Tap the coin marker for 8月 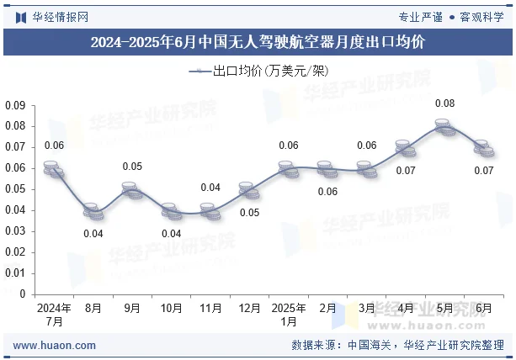pos(93,210)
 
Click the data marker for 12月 pos(249,190)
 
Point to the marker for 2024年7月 pos(54,169)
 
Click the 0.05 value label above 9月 pos(132,167)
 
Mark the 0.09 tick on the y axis pos(15,105)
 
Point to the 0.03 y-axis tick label pos(15,231)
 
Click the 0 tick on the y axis pos(23,294)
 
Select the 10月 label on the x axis pos(171,309)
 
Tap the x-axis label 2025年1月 pos(289,315)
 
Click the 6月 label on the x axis pos(483,309)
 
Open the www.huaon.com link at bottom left pos(56,345)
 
